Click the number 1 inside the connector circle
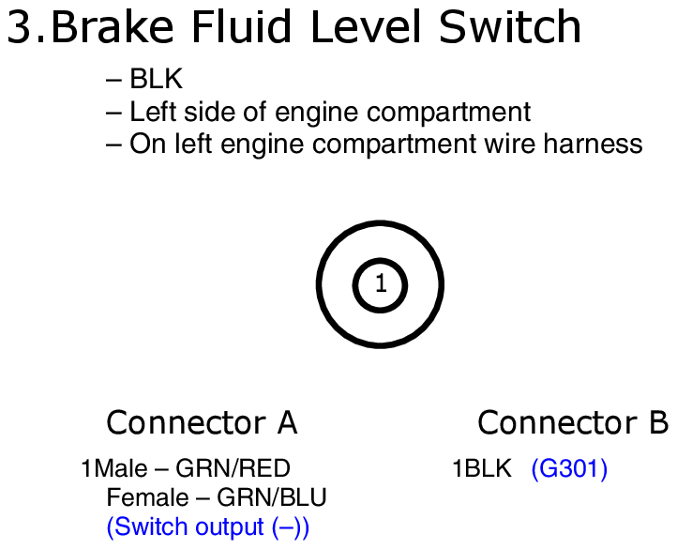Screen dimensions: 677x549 [x=381, y=283]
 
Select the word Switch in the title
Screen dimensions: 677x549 [x=510, y=27]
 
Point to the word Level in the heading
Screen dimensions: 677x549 [x=366, y=27]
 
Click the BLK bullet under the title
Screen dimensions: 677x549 [x=157, y=79]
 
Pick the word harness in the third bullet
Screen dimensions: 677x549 [x=593, y=144]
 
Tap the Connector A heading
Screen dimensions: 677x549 [x=202, y=422]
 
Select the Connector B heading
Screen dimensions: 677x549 [x=573, y=422]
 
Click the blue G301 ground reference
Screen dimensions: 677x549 [x=569, y=468]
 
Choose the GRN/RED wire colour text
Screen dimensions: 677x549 [x=233, y=468]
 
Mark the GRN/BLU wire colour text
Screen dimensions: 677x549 [x=272, y=497]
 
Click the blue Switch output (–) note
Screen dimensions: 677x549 [x=207, y=527]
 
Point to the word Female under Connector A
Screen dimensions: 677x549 [x=147, y=497]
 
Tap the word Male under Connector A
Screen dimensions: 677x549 [x=120, y=468]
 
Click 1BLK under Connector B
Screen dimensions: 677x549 [x=481, y=468]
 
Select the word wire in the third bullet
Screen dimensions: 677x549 [x=509, y=144]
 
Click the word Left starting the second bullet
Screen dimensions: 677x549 [x=153, y=112]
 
